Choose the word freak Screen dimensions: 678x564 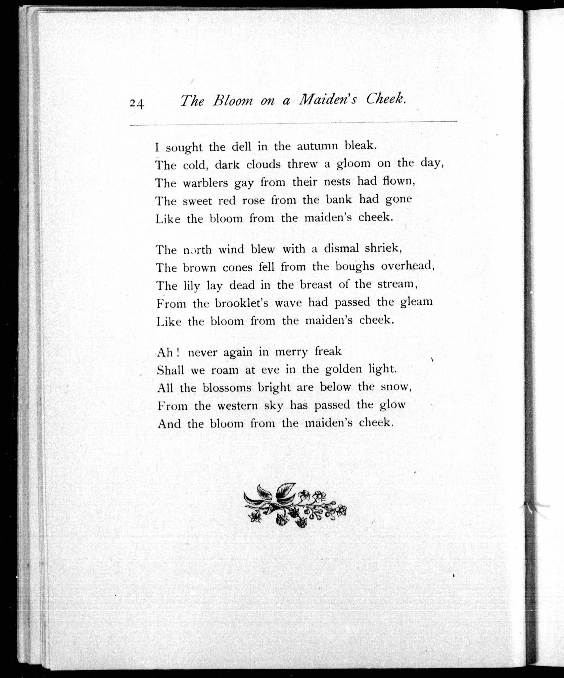click(328, 351)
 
